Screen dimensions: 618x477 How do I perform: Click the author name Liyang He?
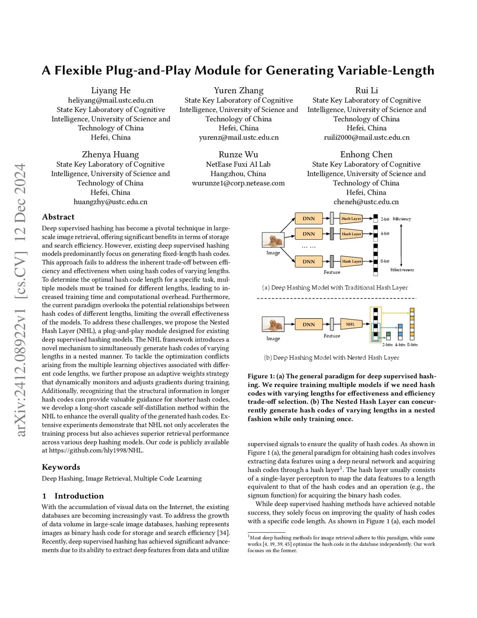[x=110, y=90]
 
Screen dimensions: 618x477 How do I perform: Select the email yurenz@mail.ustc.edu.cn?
[x=238, y=137]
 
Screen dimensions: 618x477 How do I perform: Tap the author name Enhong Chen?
[x=366, y=154]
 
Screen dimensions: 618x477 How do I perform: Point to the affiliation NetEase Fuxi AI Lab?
[x=238, y=164]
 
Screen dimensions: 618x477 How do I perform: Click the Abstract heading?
[x=58, y=217]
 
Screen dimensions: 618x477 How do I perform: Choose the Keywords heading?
[x=61, y=467]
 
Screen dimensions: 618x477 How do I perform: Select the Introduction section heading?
[x=79, y=496]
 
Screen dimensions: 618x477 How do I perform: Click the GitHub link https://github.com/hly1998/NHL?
[x=96, y=451]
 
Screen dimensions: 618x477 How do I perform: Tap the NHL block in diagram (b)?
[x=350, y=324]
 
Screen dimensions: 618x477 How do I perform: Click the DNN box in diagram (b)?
[x=308, y=324]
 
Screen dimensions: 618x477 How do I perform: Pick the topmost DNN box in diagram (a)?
[x=308, y=218]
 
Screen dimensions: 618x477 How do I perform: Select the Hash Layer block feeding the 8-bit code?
[x=352, y=261]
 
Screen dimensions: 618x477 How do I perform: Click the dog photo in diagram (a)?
[x=273, y=240]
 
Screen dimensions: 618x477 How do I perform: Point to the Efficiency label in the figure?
[x=402, y=219]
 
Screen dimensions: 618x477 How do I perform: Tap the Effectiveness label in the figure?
[x=402, y=270]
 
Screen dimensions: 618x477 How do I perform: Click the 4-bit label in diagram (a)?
[x=385, y=233]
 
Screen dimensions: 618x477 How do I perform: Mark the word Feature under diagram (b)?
[x=332, y=336]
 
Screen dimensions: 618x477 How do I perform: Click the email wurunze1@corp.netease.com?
[x=238, y=183]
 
